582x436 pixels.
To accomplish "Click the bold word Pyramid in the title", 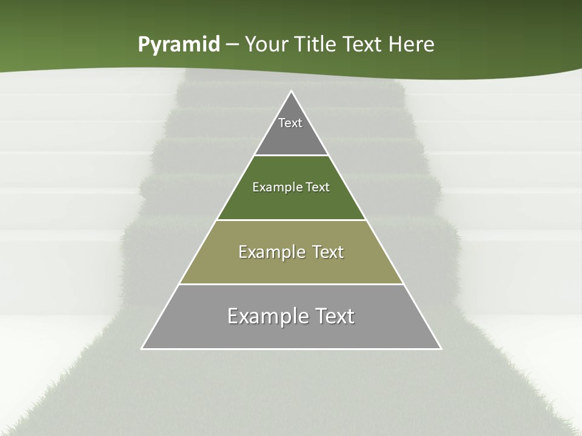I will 179,45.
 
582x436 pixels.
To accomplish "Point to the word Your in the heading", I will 266,45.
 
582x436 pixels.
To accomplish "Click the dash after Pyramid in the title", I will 232,45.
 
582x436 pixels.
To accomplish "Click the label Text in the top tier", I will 290,123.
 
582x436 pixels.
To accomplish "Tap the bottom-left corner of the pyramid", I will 142,348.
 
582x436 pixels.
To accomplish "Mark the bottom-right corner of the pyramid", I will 440,348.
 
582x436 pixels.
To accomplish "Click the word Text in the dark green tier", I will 318,187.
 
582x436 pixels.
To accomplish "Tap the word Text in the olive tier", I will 328,252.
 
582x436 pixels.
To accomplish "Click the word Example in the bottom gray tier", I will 265,316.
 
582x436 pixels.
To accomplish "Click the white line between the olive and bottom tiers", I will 292,284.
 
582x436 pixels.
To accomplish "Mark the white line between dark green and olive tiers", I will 292,220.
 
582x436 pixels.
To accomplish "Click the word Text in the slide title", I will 363,45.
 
